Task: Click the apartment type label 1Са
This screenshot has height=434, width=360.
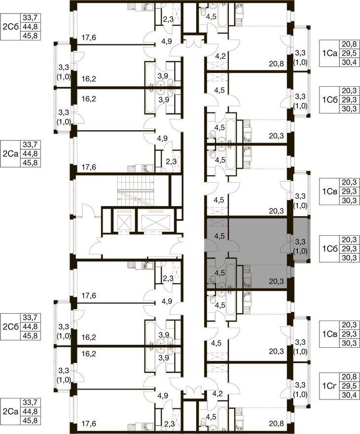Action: coord(329,53)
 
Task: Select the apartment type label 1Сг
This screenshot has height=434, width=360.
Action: coord(329,386)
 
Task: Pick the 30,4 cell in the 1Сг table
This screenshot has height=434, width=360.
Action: coord(349,395)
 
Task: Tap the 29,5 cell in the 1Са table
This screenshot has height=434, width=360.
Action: coord(349,53)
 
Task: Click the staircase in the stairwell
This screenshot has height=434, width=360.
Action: coord(136,190)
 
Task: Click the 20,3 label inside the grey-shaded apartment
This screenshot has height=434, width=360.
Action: coord(276,282)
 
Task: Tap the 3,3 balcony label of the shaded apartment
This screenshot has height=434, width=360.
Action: coord(300,242)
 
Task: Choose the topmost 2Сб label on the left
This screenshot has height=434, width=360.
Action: coord(10,27)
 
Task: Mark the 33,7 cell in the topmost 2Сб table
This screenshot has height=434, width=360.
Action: coord(30,18)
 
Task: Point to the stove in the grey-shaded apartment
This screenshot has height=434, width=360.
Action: coord(247,268)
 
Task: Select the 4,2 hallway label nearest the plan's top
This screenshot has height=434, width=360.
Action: coord(220,56)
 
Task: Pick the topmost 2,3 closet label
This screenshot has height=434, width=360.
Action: coord(168,19)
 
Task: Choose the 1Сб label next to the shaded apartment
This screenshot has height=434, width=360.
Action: coord(330,249)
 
